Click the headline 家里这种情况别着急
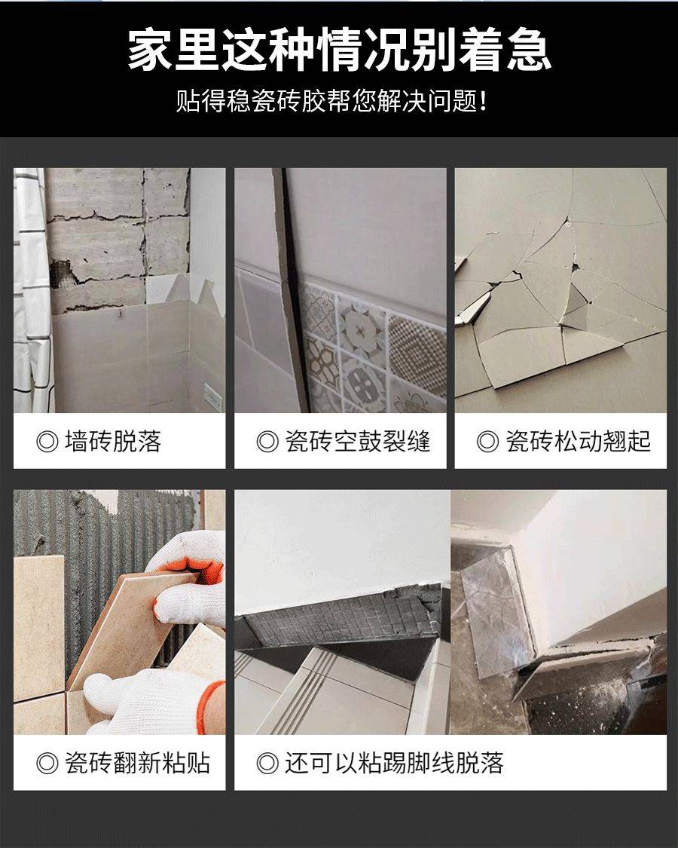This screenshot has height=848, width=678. coord(339,50)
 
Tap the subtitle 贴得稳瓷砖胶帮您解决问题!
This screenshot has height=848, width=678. coord(331,101)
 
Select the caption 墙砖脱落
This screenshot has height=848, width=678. coord(113,441)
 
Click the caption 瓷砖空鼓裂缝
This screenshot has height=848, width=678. coord(357,441)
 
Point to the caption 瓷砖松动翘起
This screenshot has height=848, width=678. coord(578,441)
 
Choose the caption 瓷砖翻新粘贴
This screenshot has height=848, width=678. coord(137,763)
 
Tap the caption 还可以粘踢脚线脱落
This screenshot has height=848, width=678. coord(394,763)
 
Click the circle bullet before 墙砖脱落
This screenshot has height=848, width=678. coord(47,442)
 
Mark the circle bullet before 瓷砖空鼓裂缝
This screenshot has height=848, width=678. coord(267,442)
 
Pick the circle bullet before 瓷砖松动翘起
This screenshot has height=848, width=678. coord(487,442)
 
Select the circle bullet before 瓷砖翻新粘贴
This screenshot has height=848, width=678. coord(47,764)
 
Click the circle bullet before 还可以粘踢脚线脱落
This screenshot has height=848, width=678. coord(267,764)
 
